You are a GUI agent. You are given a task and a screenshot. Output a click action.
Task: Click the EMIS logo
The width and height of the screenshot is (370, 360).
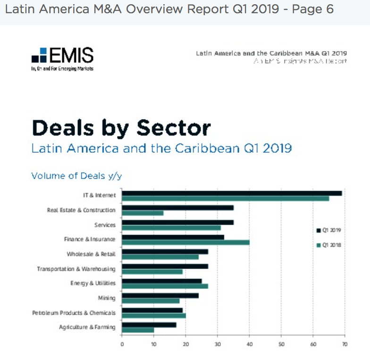(62, 58)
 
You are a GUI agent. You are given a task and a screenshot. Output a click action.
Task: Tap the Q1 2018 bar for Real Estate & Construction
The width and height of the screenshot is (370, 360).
(143, 213)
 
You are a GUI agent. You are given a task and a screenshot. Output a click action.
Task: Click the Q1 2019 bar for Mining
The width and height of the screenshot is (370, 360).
(160, 296)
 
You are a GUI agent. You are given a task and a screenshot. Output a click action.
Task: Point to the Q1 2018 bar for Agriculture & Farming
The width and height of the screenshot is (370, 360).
(138, 330)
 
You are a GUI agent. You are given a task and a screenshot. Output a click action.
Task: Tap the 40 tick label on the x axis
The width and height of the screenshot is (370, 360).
(249, 344)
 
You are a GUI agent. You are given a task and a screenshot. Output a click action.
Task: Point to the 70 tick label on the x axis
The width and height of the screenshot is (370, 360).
(345, 344)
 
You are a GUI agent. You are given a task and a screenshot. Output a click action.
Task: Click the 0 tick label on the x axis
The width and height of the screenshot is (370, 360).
(122, 344)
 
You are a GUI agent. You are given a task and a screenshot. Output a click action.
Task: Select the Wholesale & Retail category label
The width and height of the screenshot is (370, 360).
(91, 254)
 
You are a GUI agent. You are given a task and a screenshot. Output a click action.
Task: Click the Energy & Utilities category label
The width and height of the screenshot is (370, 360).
(92, 283)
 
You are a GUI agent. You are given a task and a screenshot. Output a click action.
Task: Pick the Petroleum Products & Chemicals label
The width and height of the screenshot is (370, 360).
(74, 313)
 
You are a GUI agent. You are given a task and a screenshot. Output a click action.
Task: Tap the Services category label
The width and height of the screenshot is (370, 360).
(105, 225)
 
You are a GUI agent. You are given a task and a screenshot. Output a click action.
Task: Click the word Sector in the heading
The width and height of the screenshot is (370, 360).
(174, 128)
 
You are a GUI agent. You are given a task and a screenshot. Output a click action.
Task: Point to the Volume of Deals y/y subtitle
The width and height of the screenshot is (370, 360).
(76, 176)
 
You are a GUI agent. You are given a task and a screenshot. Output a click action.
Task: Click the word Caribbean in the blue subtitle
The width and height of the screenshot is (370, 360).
(212, 148)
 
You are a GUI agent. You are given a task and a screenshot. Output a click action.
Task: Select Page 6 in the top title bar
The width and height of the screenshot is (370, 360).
(313, 9)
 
